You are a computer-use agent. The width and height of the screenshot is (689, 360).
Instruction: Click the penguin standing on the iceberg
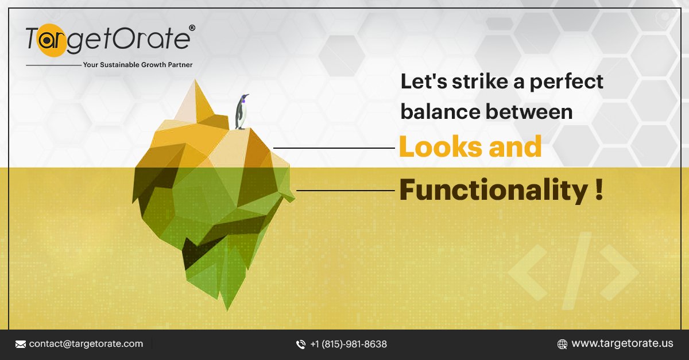(x=242, y=112)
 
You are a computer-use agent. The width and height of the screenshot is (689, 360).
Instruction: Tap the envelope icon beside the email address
(x=21, y=344)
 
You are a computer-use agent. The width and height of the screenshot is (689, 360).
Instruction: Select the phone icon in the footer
(x=301, y=344)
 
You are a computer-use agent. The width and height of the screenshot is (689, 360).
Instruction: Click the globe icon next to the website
(x=563, y=344)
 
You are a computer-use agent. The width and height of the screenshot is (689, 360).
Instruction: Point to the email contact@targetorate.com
(x=86, y=344)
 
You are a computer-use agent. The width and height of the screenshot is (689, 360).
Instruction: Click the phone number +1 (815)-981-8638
(x=349, y=344)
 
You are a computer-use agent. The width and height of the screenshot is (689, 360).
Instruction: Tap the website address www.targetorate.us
(x=622, y=344)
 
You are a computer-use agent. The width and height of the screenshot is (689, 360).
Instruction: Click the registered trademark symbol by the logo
(x=192, y=28)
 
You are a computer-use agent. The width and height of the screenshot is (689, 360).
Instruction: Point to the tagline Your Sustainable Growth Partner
(x=138, y=65)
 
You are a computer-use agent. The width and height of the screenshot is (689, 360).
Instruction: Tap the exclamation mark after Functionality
(x=599, y=190)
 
